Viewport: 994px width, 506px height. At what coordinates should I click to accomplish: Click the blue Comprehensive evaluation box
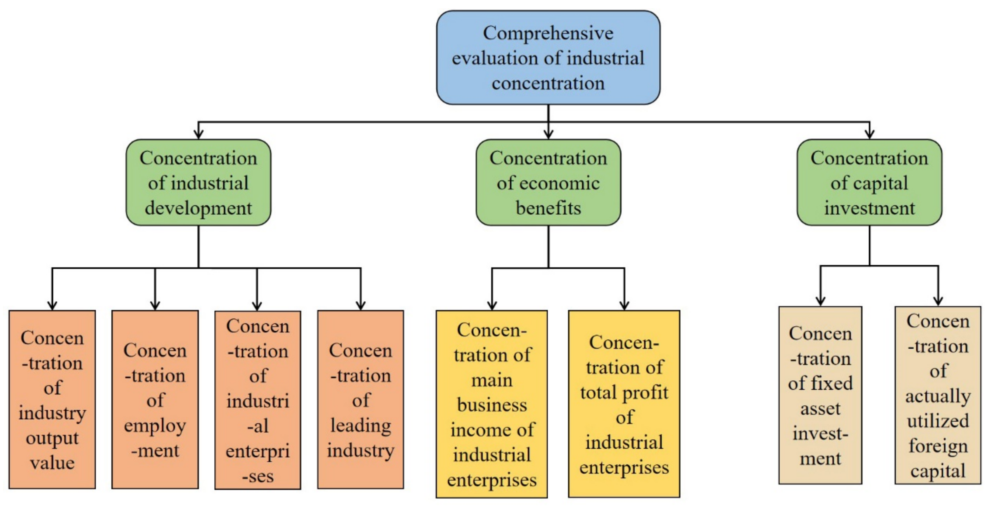(x=548, y=58)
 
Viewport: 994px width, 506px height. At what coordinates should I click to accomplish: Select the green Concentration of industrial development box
(x=198, y=183)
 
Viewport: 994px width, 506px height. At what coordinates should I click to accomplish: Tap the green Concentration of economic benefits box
(x=548, y=183)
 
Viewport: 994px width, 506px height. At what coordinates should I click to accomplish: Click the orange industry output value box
(x=52, y=399)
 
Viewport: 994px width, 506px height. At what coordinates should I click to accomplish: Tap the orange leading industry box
(x=361, y=399)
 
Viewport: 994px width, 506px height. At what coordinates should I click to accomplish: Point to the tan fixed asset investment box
(x=820, y=395)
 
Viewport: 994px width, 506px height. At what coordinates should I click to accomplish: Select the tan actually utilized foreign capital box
(x=938, y=395)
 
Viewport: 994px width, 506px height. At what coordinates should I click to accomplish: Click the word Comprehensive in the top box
(x=548, y=34)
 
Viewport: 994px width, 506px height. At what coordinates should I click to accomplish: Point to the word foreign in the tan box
(x=938, y=446)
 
